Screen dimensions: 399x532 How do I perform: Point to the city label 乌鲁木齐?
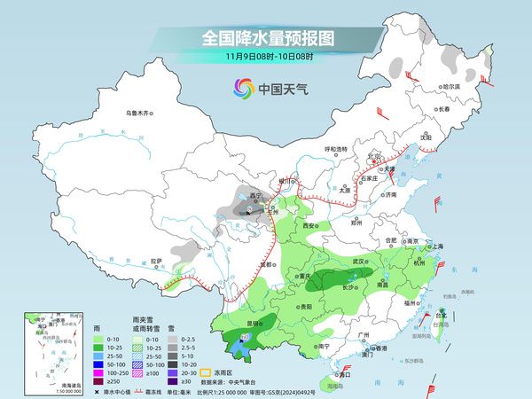[139, 113]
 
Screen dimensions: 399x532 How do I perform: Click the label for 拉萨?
[157, 261]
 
